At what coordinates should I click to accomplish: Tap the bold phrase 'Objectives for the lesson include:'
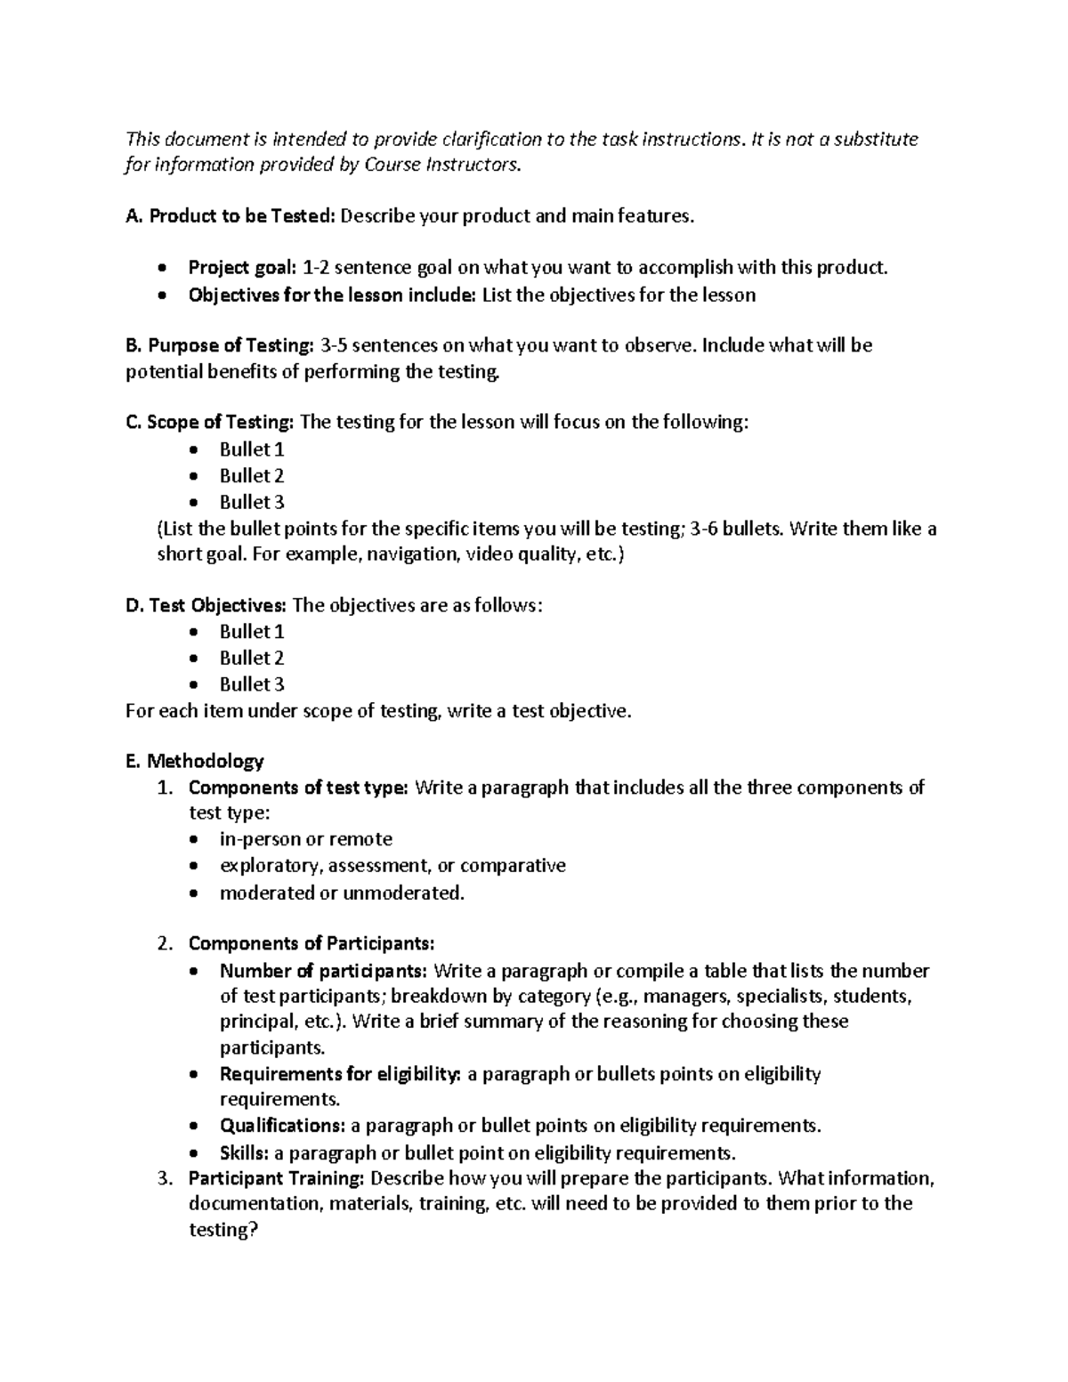pyautogui.click(x=332, y=295)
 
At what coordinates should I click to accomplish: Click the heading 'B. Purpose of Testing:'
pyautogui.click(x=221, y=345)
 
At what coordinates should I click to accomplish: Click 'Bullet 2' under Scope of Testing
pyautogui.click(x=252, y=475)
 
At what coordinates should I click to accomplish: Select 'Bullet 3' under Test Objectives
pyautogui.click(x=252, y=684)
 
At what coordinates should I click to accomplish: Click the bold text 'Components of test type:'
pyautogui.click(x=298, y=788)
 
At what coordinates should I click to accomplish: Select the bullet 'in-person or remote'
pyautogui.click(x=305, y=839)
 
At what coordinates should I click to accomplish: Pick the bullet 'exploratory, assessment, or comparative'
pyautogui.click(x=392, y=866)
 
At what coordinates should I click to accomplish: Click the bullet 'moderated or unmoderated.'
pyautogui.click(x=342, y=893)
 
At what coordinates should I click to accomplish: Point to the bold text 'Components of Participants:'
pyautogui.click(x=311, y=943)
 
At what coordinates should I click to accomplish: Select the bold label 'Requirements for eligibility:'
pyautogui.click(x=340, y=1074)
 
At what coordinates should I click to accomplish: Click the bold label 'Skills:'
pyautogui.click(x=244, y=1153)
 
